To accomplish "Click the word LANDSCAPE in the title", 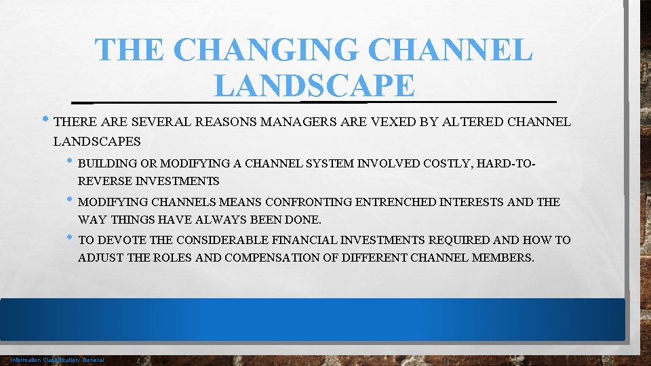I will (x=314, y=85).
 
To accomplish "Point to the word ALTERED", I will (x=470, y=123).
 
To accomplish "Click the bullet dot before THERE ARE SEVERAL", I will (x=45, y=122).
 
